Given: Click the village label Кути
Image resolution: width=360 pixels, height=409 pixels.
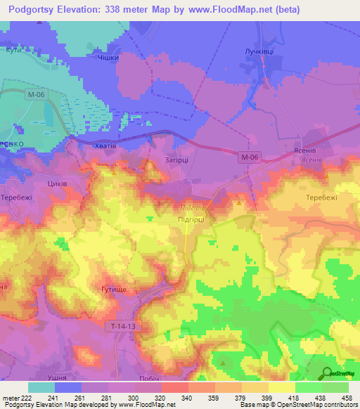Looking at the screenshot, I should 13,51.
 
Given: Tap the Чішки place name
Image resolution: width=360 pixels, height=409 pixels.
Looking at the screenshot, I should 107,58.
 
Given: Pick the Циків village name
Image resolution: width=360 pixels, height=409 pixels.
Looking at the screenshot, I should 56,183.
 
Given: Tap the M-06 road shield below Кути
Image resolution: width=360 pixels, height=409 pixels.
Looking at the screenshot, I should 33,93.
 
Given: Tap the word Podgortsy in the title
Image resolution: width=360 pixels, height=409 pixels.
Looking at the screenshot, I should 39,9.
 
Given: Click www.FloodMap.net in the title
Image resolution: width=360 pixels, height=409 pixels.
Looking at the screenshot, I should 236,9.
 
